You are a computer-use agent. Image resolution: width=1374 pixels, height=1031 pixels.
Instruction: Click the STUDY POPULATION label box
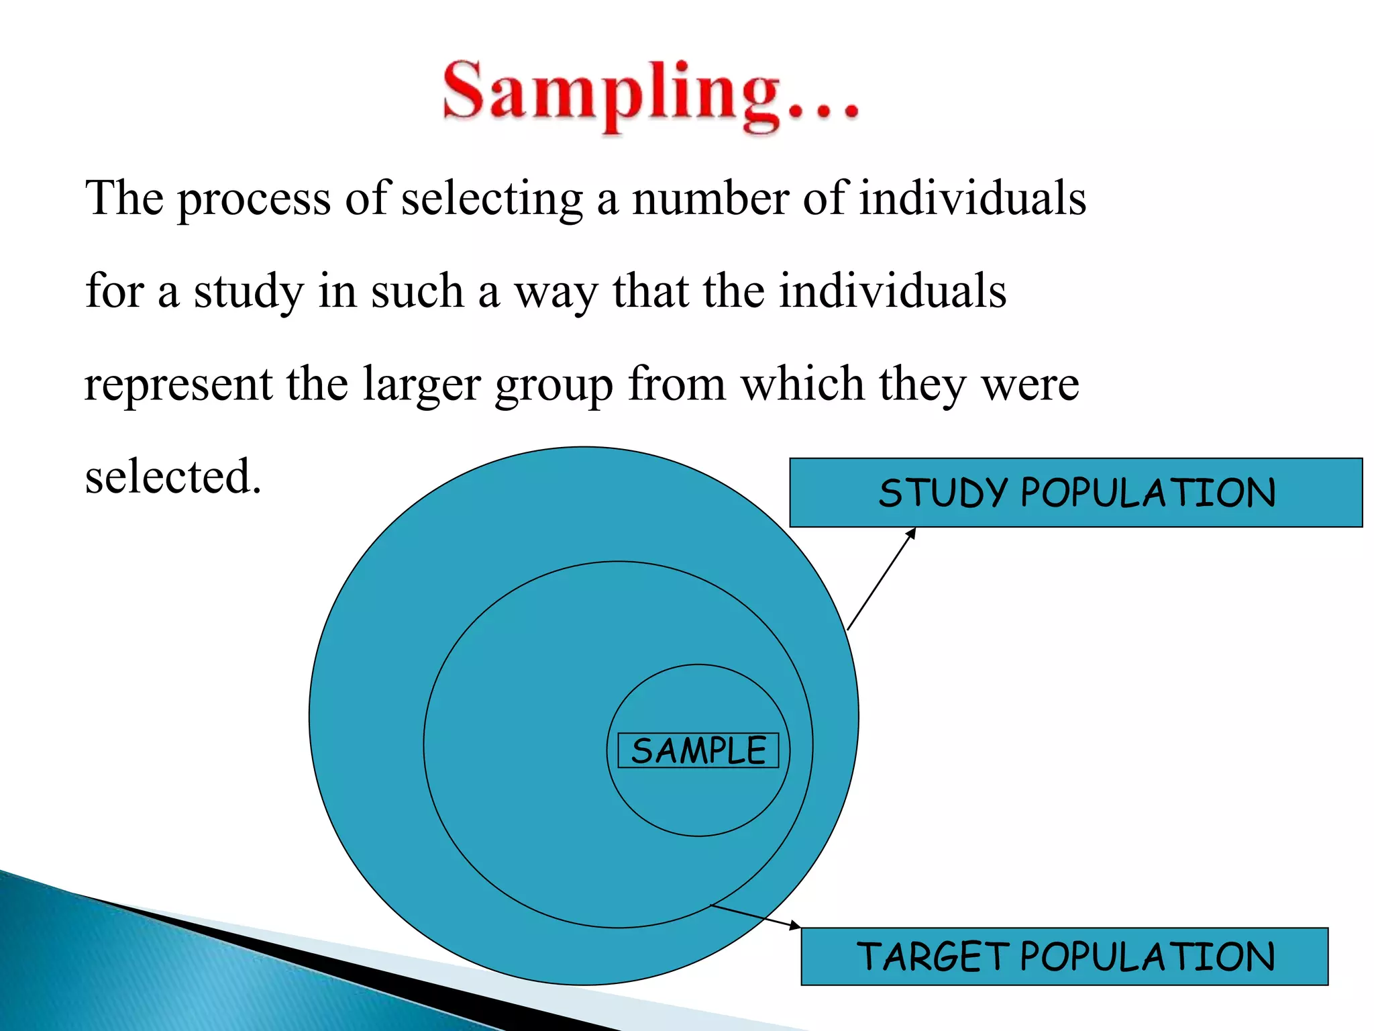(1075, 493)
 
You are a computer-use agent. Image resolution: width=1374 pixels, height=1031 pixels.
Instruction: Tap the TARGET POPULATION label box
(1064, 956)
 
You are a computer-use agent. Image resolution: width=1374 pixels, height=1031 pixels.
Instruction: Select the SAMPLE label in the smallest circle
(698, 750)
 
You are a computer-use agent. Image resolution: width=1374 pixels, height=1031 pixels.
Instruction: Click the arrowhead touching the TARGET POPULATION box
(795, 926)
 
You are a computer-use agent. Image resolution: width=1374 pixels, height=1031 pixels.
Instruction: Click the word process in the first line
(254, 199)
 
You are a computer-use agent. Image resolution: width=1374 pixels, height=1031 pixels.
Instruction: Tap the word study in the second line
(248, 293)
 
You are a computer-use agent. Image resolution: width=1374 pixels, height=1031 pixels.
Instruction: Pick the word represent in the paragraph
(178, 385)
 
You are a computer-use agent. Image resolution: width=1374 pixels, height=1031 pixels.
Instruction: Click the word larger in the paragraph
(421, 385)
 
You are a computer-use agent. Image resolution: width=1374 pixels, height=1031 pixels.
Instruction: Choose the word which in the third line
(802, 384)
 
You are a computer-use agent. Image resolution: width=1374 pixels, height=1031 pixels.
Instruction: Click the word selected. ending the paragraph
(172, 477)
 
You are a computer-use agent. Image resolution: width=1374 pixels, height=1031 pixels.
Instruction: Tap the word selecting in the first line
(492, 199)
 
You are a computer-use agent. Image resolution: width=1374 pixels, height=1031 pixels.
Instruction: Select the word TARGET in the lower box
(933, 956)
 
